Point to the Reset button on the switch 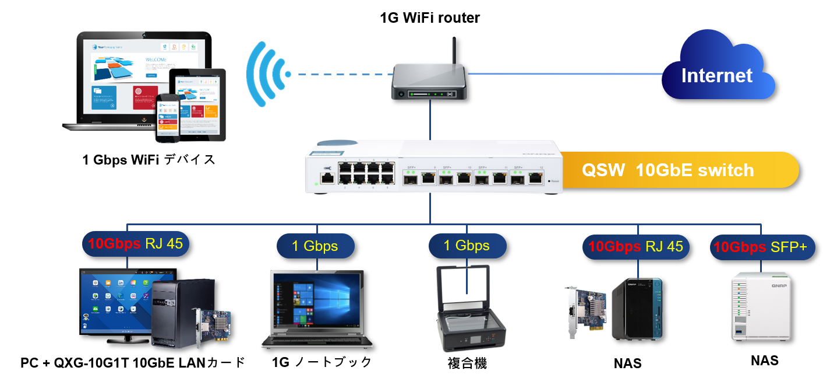(x=549, y=181)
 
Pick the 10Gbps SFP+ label (x=762, y=247)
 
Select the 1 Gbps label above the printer (x=467, y=246)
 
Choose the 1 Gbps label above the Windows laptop (x=315, y=246)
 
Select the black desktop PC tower (x=175, y=312)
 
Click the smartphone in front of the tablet (x=167, y=117)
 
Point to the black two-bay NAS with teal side (x=637, y=309)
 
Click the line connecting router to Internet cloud (x=565, y=74)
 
